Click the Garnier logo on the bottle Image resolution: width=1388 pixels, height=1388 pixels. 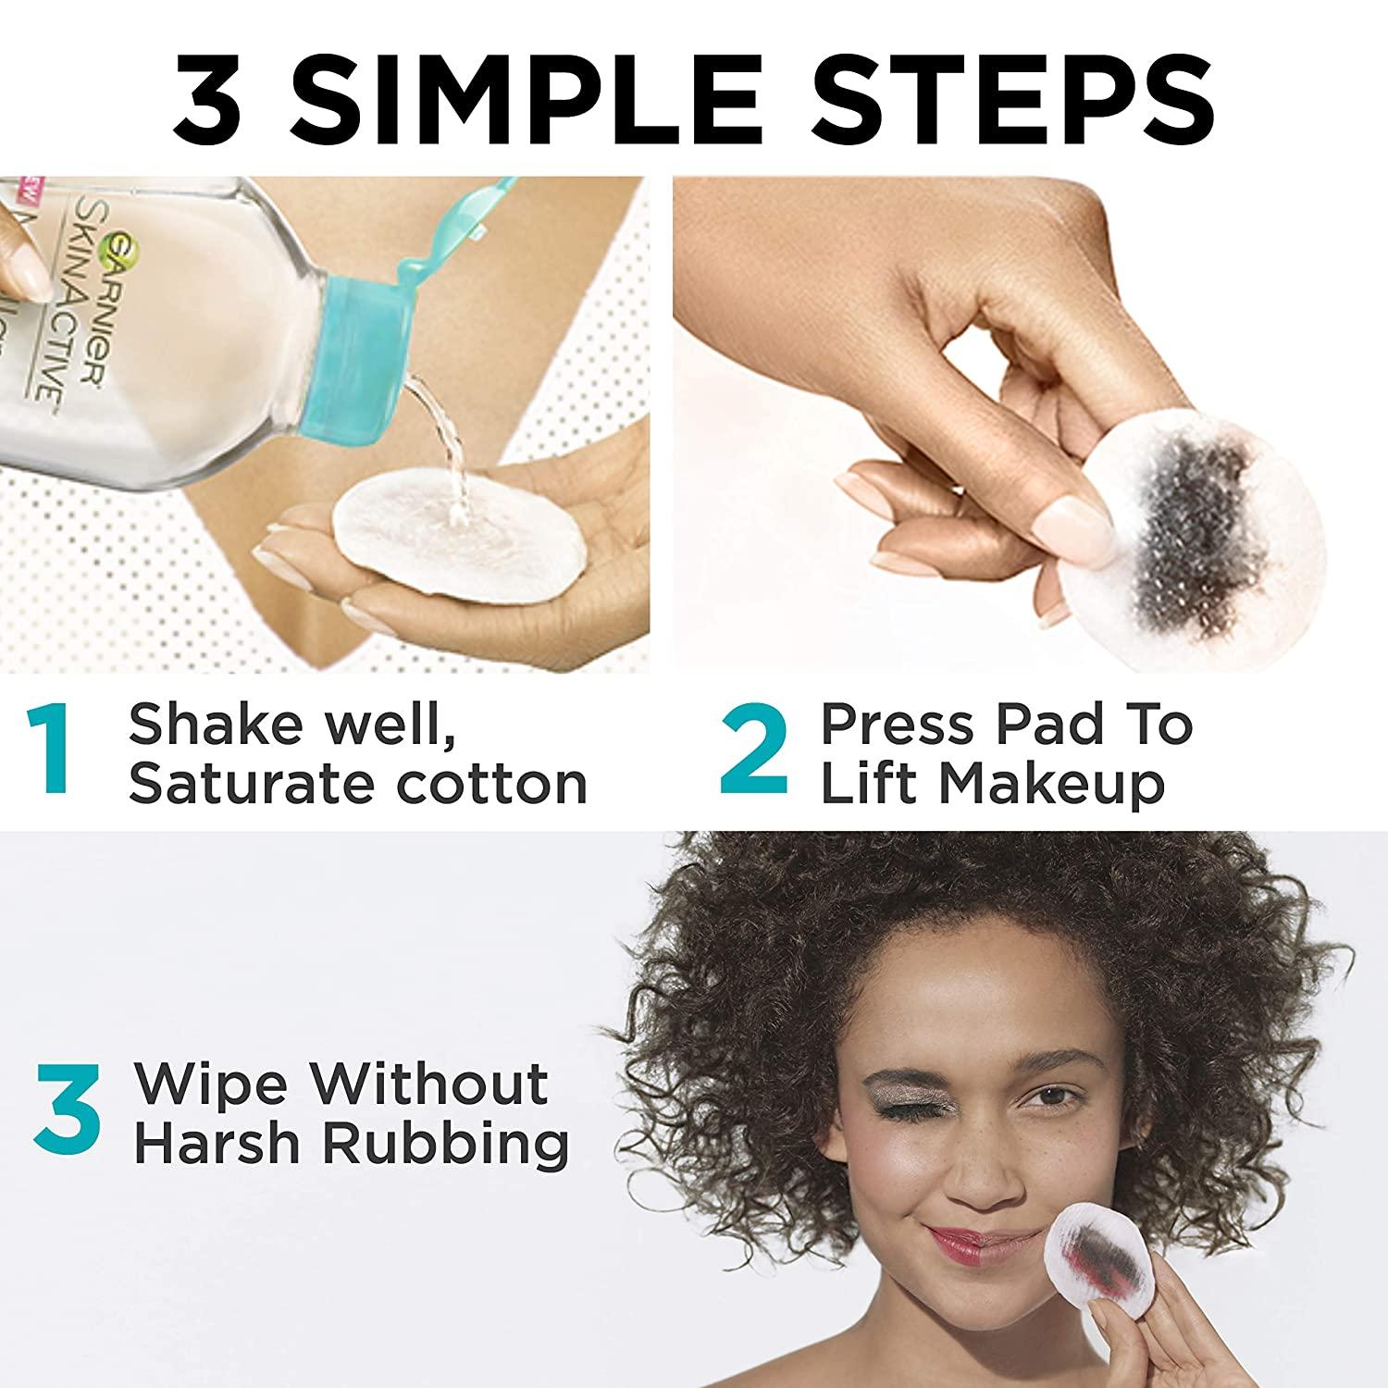tap(120, 250)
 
